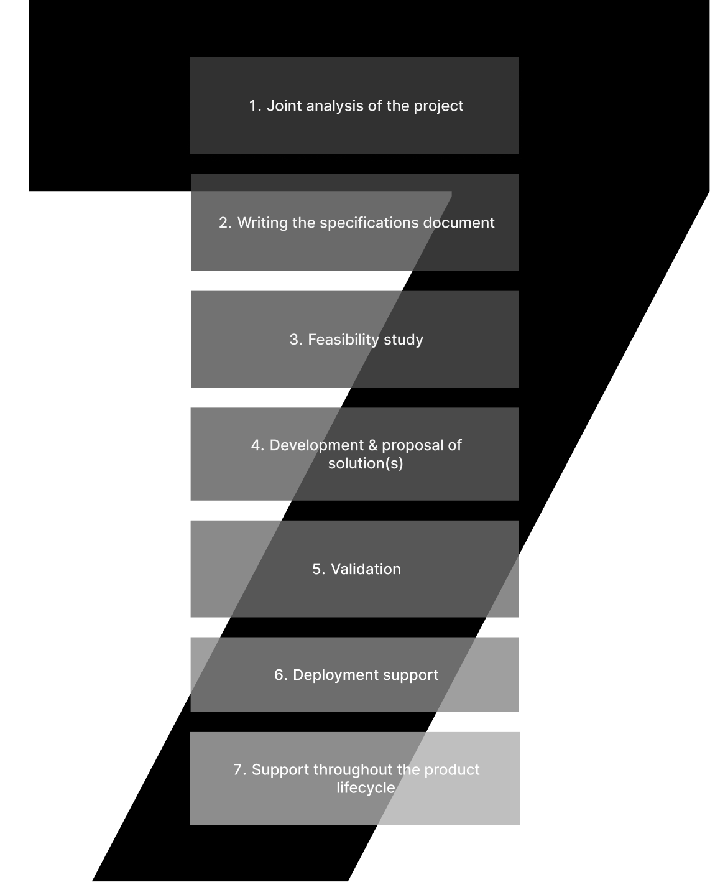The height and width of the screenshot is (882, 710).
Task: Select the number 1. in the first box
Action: tap(254, 106)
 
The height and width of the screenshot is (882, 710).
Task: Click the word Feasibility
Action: tap(344, 340)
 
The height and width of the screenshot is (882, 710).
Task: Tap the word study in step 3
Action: tap(403, 340)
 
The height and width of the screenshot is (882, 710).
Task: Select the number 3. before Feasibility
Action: tap(295, 340)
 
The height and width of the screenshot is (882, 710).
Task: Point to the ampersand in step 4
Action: tap(373, 445)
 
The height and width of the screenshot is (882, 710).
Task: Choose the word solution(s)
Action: tap(366, 463)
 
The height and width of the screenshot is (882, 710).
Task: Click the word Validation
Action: tap(366, 569)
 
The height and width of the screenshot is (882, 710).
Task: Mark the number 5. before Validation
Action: tap(318, 569)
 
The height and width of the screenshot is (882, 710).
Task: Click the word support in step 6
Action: tap(411, 675)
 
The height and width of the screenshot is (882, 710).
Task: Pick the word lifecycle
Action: tap(366, 788)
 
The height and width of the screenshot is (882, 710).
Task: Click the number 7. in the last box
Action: tap(239, 770)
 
